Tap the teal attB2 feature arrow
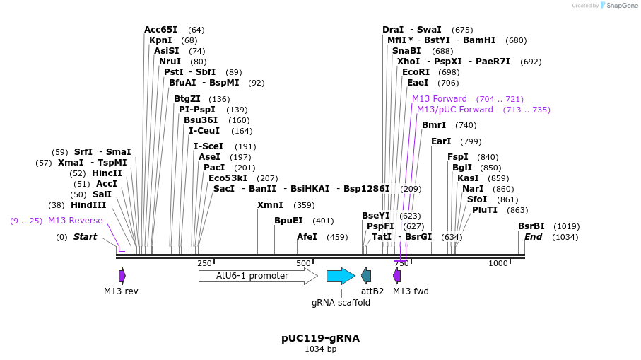tap(366, 276)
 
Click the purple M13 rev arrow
tap(122, 276)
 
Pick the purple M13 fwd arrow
tap(397, 276)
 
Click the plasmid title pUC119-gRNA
tap(320, 338)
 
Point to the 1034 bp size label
tap(320, 349)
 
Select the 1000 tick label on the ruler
tap(498, 263)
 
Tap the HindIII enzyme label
tap(88, 205)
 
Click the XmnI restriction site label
tap(270, 205)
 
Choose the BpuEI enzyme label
tap(288, 221)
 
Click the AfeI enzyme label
tap(307, 237)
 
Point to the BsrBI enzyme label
tap(531, 226)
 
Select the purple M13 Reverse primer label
tap(75, 221)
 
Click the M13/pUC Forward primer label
tap(455, 110)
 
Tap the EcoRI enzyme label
tap(416, 72)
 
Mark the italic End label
tap(533, 237)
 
